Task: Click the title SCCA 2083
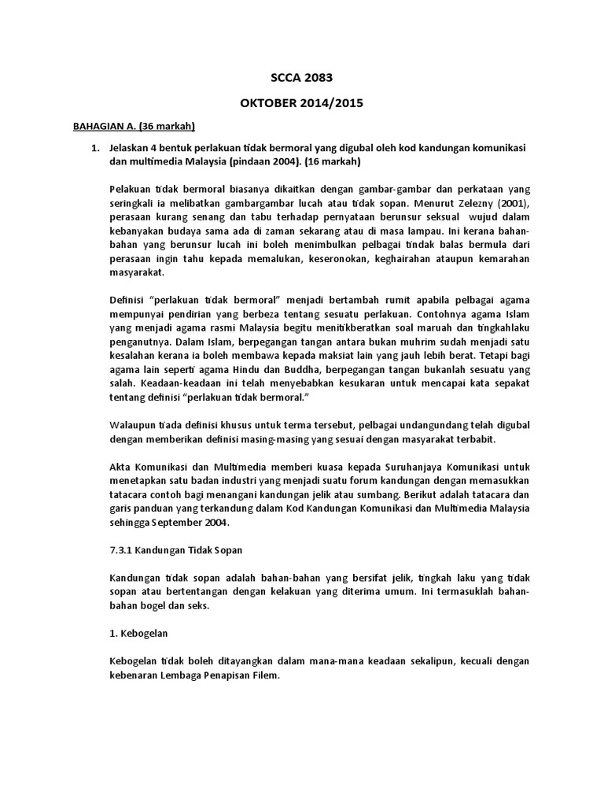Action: click(302, 78)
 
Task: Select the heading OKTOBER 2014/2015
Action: click(302, 104)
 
